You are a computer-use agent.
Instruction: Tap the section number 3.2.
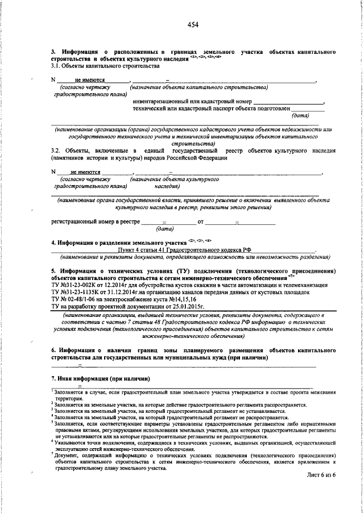(x=56, y=151)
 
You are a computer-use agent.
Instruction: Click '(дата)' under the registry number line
(x=166, y=228)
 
